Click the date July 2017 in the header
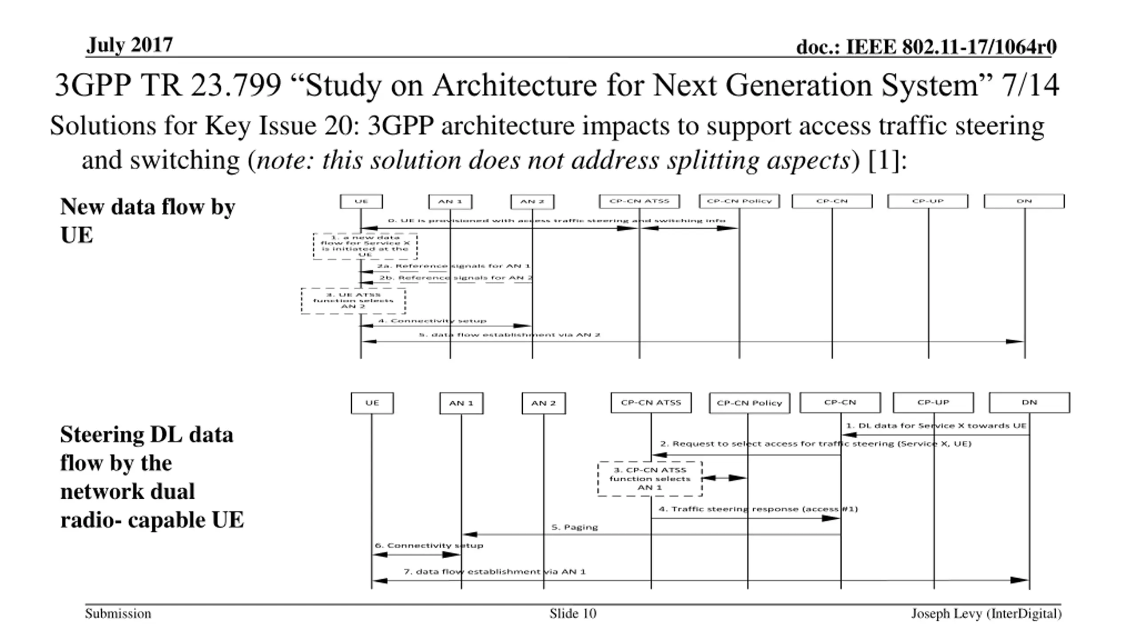[129, 45]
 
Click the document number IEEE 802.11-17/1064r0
[926, 47]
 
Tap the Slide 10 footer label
[572, 614]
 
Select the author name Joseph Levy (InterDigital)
[986, 614]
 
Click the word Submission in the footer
[118, 614]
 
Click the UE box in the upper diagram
[361, 201]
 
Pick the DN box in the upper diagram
[1024, 201]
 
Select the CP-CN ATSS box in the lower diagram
[651, 403]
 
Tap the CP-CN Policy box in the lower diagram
[749, 403]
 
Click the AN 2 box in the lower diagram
[544, 403]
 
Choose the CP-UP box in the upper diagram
[927, 201]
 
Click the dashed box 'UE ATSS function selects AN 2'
[353, 301]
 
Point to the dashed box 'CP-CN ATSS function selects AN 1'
[650, 479]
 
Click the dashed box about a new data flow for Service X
[365, 246]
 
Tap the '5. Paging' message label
[574, 527]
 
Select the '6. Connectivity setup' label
[429, 545]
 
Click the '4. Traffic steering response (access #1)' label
[758, 509]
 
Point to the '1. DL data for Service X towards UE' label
[936, 426]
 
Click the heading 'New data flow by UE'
[147, 220]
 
